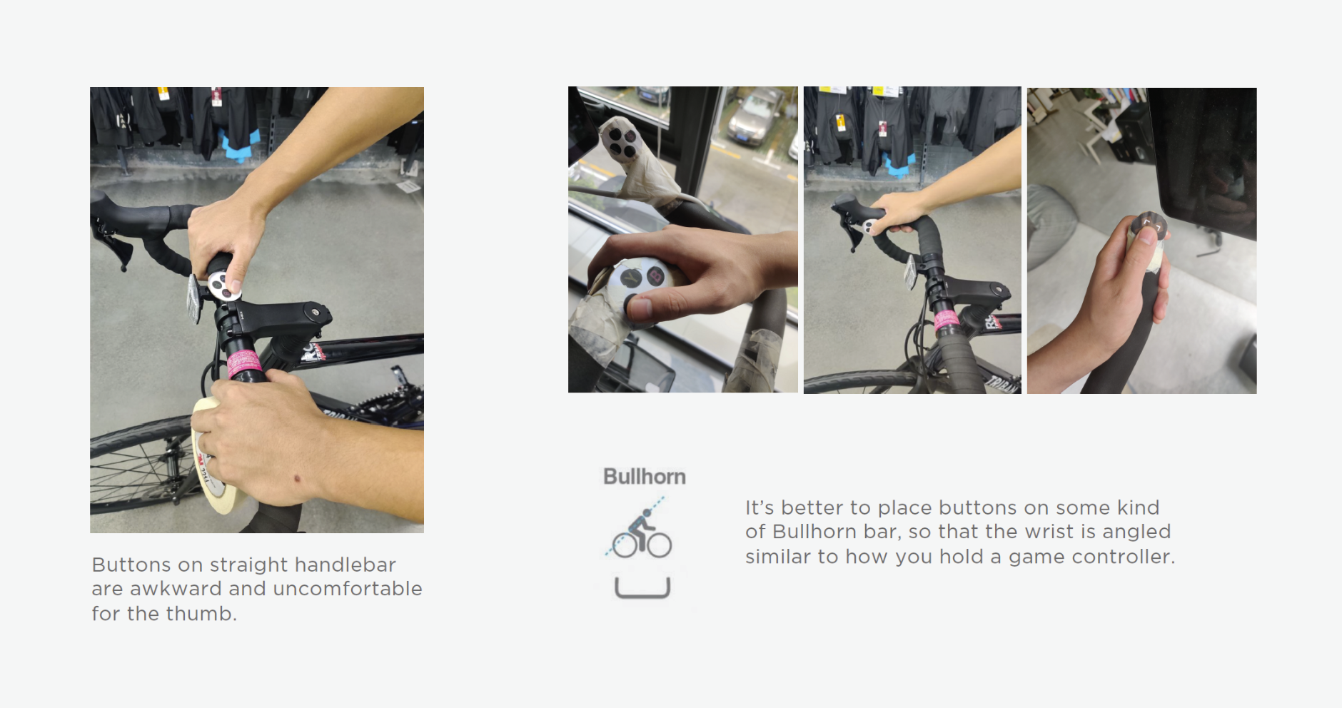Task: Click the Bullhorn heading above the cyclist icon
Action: coord(644,477)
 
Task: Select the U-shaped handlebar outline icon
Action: coord(642,588)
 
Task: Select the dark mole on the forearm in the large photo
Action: coord(298,477)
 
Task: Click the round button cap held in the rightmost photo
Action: coord(1146,227)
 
